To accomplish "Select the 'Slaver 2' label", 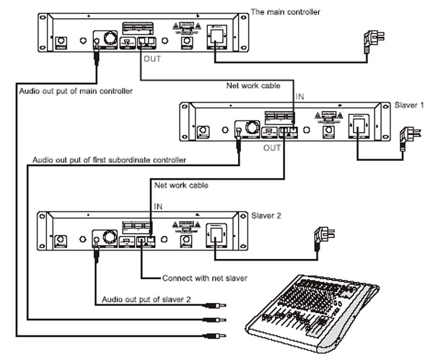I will (x=266, y=215).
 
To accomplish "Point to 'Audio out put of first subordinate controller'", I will (x=108, y=159).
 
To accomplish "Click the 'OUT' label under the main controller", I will (x=153, y=60).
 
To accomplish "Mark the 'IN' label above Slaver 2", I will (x=159, y=206).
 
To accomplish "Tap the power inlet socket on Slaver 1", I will (x=358, y=127).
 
